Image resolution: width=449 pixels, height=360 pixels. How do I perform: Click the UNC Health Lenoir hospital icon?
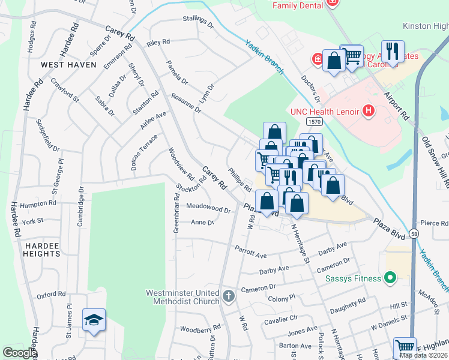coord(369,111)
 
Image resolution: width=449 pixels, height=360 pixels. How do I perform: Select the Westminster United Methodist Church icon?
coord(228,296)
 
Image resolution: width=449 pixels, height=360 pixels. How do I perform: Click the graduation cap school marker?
coord(94,321)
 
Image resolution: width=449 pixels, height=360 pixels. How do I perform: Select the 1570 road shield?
coord(314,121)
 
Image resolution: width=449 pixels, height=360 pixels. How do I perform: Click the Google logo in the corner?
coord(19,353)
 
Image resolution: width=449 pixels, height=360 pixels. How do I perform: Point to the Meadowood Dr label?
coord(208,208)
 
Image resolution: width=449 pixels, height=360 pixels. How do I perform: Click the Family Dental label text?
coord(298,5)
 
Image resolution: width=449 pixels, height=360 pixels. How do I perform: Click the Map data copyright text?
coord(424,355)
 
